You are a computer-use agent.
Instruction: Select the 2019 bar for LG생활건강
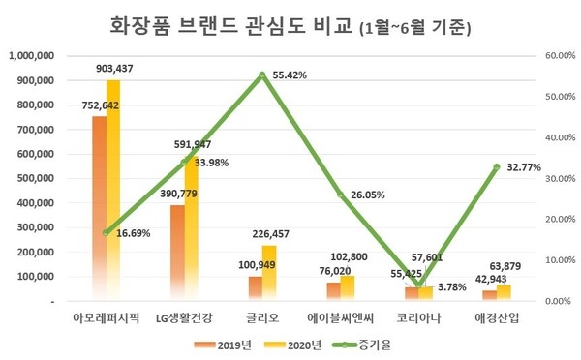coord(177,254)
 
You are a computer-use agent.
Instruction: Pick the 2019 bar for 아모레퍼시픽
coord(99,209)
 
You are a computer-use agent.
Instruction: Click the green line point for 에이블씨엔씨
coord(341,195)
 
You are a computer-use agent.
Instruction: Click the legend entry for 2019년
coord(229,344)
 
